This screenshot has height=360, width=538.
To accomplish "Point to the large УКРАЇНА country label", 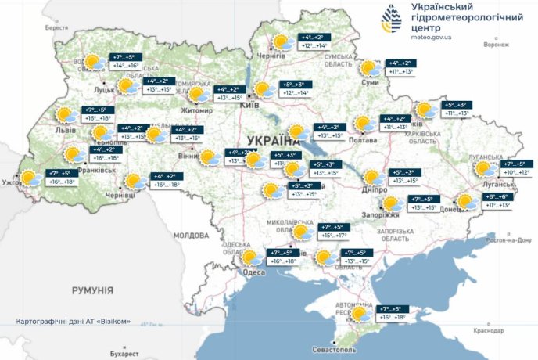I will click(x=273, y=142).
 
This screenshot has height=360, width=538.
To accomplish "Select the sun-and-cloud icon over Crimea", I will click(x=361, y=315).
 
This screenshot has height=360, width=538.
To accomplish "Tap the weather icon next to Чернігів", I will click(x=282, y=42).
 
